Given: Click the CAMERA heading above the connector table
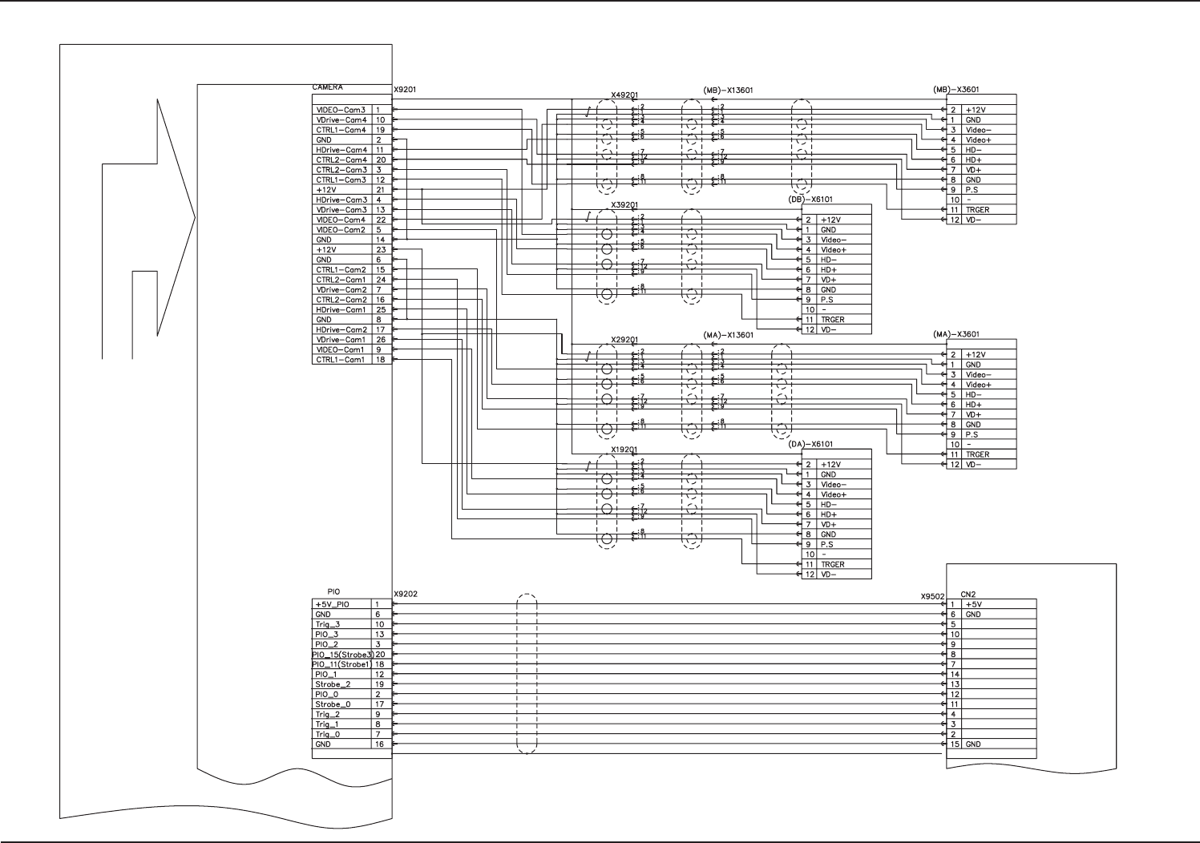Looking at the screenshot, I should click(327, 87).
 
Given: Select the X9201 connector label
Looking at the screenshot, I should click(405, 91).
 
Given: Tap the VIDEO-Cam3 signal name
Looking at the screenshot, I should click(341, 110).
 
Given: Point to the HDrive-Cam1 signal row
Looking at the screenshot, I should click(341, 310).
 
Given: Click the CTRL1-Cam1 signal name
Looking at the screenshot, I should click(341, 360).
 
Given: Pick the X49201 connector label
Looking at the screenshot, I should click(624, 95).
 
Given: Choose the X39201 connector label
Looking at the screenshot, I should click(624, 204).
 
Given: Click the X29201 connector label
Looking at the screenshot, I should click(624, 340).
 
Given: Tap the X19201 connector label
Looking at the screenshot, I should click(624, 450).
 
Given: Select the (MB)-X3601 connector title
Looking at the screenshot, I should click(956, 90).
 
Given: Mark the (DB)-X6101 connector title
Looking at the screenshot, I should click(811, 200).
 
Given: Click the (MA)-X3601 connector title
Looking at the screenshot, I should click(956, 334).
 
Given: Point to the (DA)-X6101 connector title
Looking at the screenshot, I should click(811, 444).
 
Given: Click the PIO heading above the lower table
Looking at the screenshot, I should click(333, 591).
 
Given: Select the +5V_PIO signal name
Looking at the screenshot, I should click(333, 604).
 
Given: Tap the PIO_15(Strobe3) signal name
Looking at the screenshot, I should click(342, 654).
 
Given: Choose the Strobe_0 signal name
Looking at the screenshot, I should click(333, 704).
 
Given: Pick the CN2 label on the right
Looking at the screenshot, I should click(968, 595).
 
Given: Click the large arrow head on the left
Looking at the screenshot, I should click(176, 216).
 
